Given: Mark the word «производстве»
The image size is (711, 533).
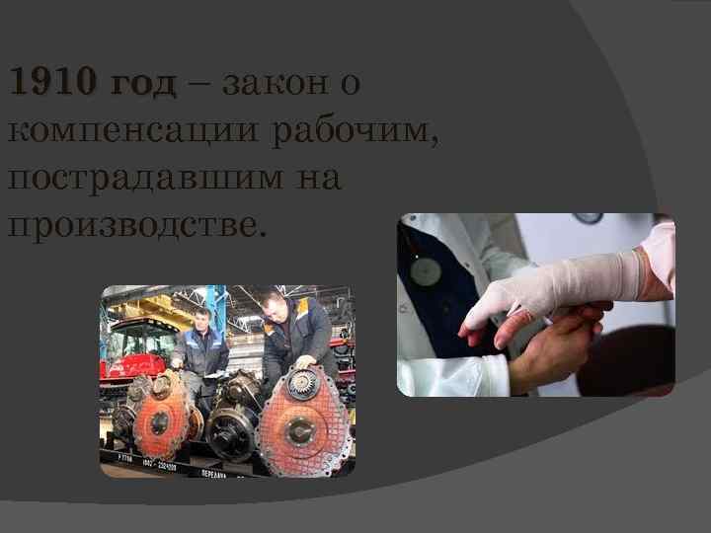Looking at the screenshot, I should coord(136,228).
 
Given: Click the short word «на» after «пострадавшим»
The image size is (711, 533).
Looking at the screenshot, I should coord(318,181).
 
